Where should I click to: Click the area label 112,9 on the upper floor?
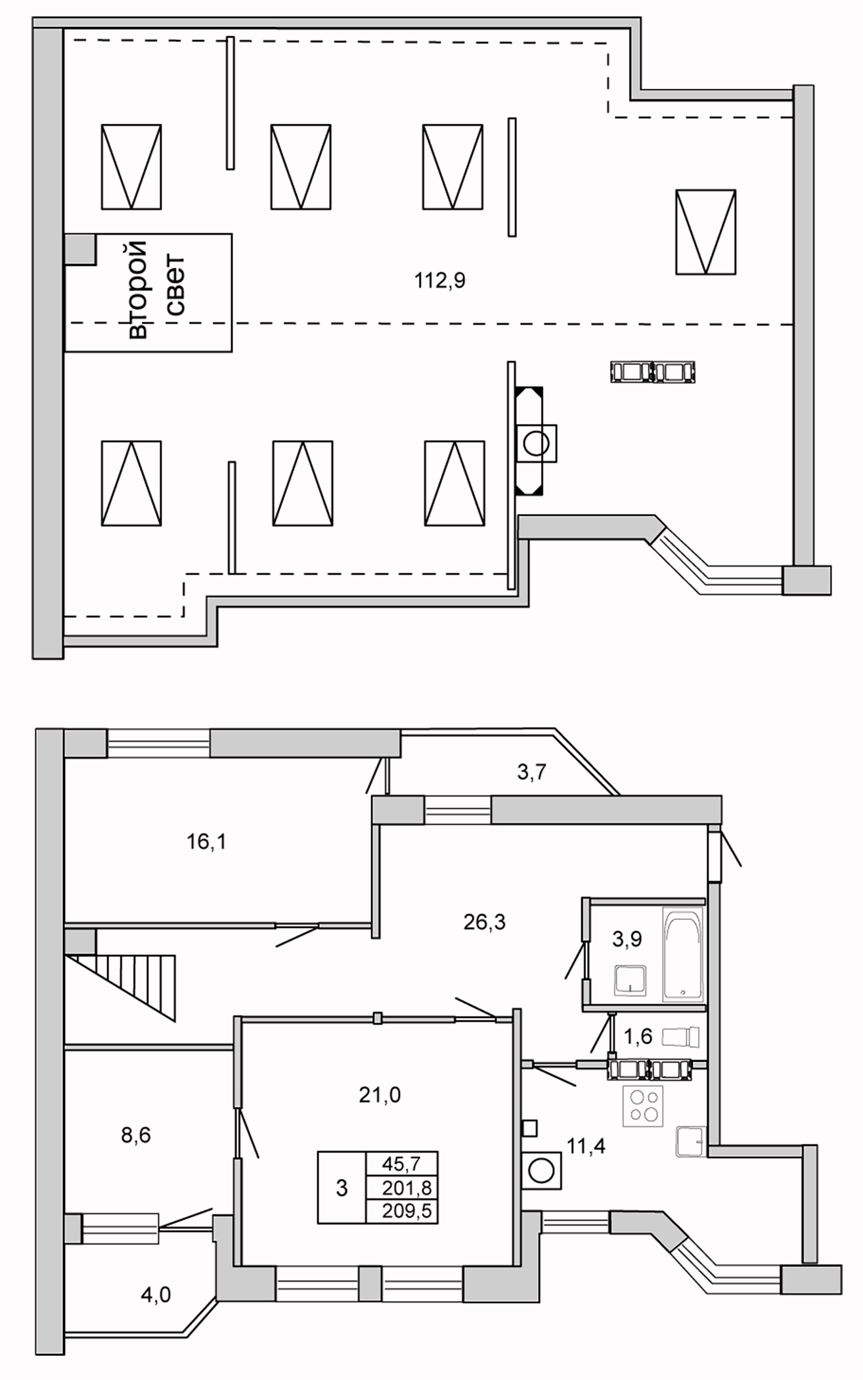[x=439, y=281]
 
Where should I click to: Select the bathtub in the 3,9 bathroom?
[x=683, y=954]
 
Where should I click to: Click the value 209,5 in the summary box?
[x=407, y=1210]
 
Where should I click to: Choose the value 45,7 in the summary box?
[x=401, y=1164]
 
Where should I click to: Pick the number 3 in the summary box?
[x=342, y=1187]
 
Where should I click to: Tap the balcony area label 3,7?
[x=531, y=772]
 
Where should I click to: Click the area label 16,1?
[x=206, y=841]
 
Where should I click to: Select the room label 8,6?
[x=136, y=1135]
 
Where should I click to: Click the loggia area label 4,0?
[x=156, y=1295]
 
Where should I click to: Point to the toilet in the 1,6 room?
[x=680, y=1038]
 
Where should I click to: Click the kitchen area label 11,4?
[x=586, y=1147]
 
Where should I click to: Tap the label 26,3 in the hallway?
[x=484, y=922]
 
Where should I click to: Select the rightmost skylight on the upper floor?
[x=705, y=232]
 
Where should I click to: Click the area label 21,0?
[x=380, y=1094]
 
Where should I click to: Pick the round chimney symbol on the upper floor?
[x=536, y=443]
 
